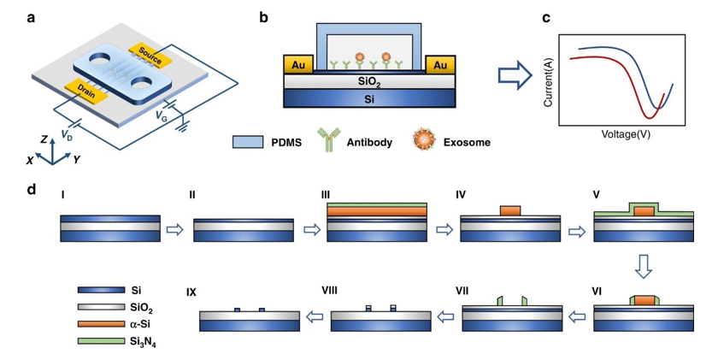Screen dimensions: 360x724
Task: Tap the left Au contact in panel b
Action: point(297,65)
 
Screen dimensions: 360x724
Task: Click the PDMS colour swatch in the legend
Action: point(247,142)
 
